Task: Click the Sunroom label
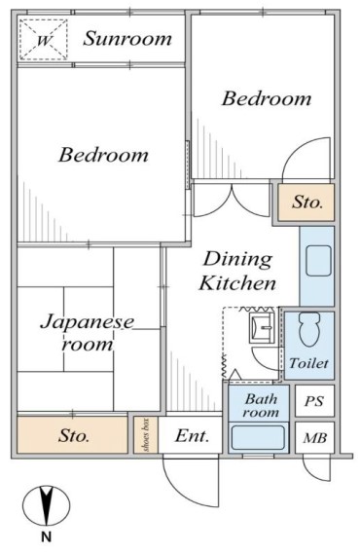pyautogui.click(x=127, y=38)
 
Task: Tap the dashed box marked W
pyautogui.click(x=43, y=40)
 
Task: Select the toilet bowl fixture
pyautogui.click(x=309, y=329)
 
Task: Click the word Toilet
pyautogui.click(x=308, y=363)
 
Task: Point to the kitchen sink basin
pyautogui.click(x=318, y=261)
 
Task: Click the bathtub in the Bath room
pyautogui.click(x=258, y=437)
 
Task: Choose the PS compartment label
pyautogui.click(x=314, y=401)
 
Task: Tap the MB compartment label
pyautogui.click(x=315, y=438)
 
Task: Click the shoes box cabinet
pyautogui.click(x=146, y=434)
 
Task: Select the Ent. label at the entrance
pyautogui.click(x=193, y=436)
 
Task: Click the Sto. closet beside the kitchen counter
pyautogui.click(x=306, y=203)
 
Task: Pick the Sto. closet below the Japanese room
pyautogui.click(x=72, y=435)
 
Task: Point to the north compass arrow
pyautogui.click(x=47, y=505)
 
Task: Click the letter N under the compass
pyautogui.click(x=46, y=537)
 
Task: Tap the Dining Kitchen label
pyautogui.click(x=237, y=271)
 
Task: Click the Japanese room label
pyautogui.click(x=88, y=333)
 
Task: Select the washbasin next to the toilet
pyautogui.click(x=262, y=328)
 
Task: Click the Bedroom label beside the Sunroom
pyautogui.click(x=267, y=98)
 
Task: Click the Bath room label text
pyautogui.click(x=261, y=405)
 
